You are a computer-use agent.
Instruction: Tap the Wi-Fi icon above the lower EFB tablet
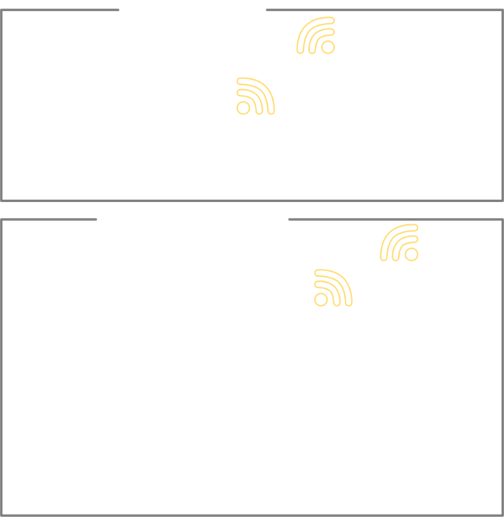400,243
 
